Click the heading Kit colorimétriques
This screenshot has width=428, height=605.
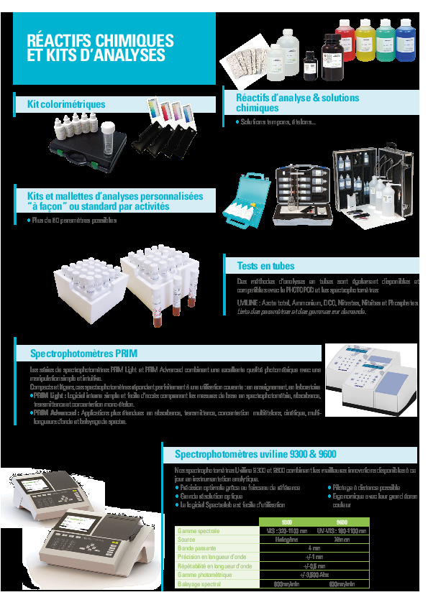[66, 105]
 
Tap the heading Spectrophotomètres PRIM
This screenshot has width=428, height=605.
[83, 354]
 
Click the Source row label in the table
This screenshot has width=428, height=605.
[187, 540]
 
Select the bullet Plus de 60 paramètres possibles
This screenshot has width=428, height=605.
[73, 221]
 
